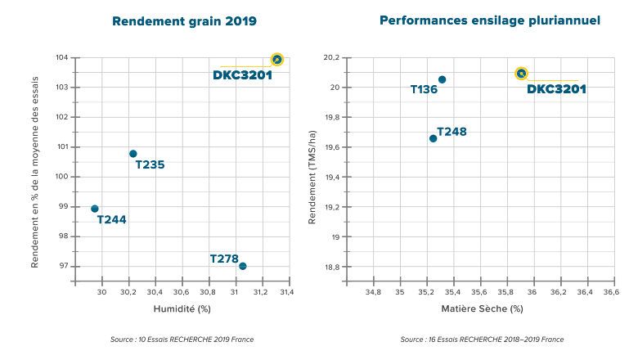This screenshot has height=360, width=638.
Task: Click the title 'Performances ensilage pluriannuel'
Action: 489,20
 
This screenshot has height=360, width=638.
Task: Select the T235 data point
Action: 133,154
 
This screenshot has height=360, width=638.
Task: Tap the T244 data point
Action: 95,209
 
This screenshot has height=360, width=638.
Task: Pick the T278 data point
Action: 242,266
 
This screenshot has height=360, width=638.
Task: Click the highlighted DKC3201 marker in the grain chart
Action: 277,59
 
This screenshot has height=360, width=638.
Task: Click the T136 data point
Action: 442,79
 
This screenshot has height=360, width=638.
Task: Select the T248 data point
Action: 433,138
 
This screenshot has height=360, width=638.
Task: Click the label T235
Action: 150,164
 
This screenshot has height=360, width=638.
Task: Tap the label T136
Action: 424,89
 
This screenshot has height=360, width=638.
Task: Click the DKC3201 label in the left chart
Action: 242,75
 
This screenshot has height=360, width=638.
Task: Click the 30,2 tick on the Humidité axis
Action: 128,291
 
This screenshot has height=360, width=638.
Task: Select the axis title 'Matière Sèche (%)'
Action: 482,308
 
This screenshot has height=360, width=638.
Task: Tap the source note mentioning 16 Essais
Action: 482,339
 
